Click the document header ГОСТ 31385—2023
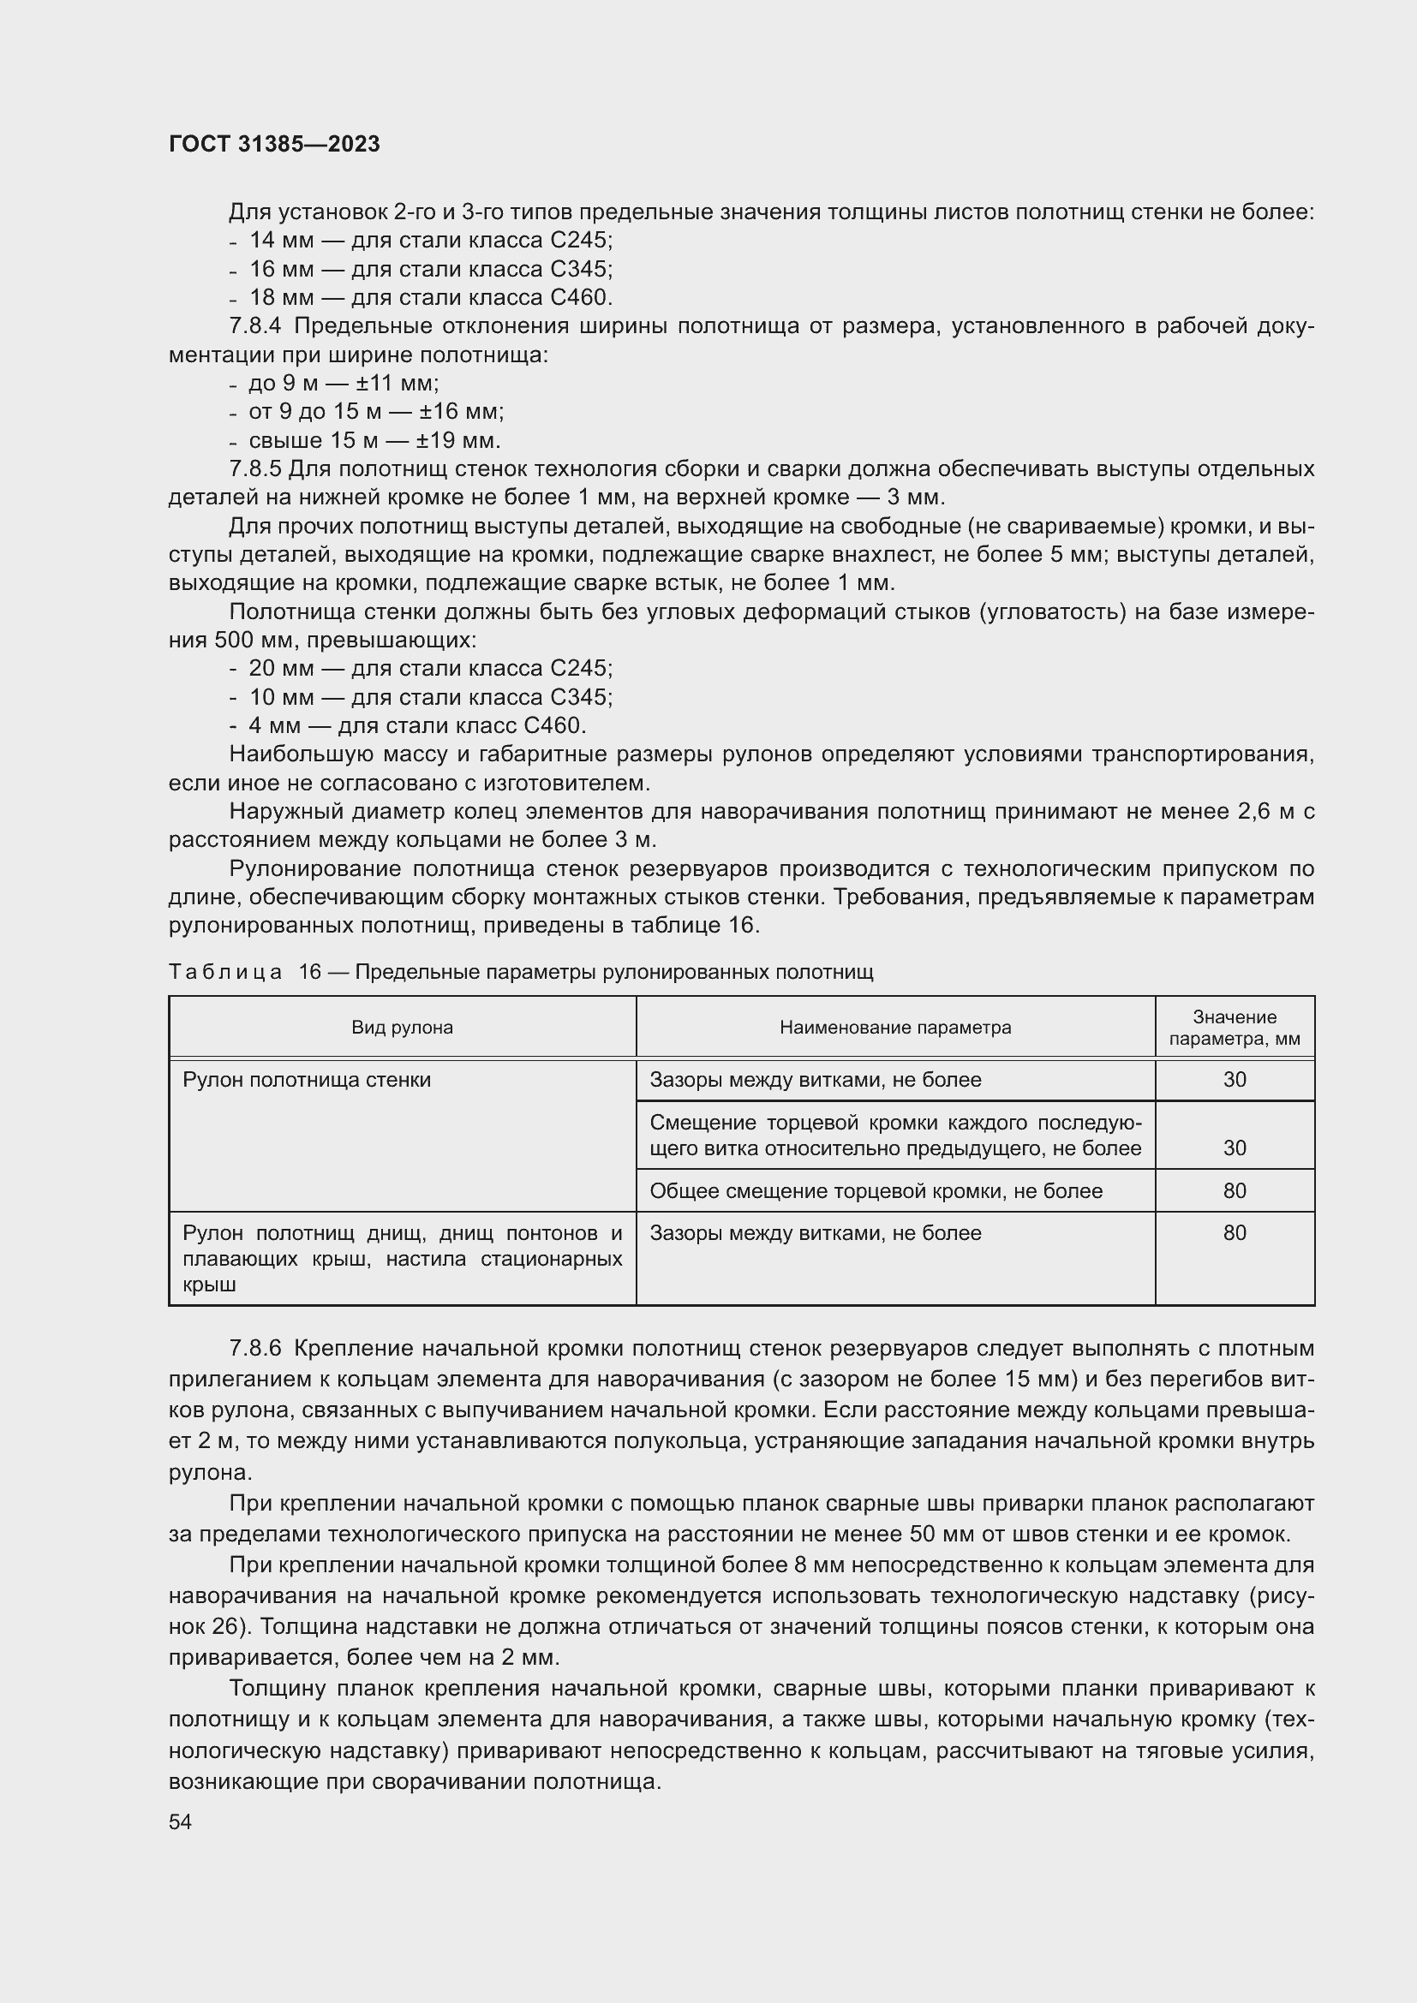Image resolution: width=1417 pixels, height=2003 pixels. click(x=274, y=144)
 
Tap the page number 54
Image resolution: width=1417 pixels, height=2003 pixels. click(x=180, y=1821)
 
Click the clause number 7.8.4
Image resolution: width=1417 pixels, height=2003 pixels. click(x=255, y=326)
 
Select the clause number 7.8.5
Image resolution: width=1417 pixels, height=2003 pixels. click(x=254, y=469)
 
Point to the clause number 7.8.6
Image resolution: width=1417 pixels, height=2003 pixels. click(x=255, y=1349)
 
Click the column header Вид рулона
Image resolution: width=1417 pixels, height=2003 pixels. click(x=403, y=1028)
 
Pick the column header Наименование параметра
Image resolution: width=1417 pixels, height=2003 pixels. click(x=895, y=1028)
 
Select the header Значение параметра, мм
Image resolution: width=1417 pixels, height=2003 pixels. click(x=1234, y=1028)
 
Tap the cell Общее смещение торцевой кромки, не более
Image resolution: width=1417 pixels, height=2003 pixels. click(x=876, y=1191)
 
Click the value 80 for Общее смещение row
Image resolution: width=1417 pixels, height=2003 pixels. click(x=1234, y=1191)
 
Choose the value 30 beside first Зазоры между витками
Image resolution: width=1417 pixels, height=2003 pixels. click(x=1234, y=1080)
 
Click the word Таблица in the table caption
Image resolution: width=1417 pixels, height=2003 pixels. click(x=225, y=972)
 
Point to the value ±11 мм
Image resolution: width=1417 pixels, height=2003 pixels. click(x=397, y=384)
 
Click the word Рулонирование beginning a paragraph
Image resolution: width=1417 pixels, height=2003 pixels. click(x=314, y=869)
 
